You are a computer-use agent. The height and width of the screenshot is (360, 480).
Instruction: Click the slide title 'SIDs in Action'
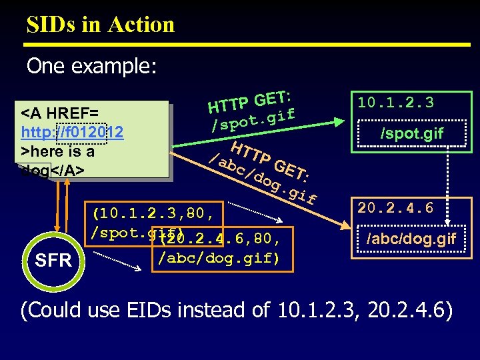tap(101, 25)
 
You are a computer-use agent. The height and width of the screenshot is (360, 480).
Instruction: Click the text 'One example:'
tap(91, 66)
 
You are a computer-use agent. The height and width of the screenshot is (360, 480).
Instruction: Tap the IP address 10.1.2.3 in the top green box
tap(395, 103)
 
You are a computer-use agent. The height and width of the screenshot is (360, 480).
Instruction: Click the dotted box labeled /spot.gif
tap(411, 133)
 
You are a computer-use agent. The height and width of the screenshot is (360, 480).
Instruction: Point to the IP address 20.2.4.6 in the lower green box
tap(395, 208)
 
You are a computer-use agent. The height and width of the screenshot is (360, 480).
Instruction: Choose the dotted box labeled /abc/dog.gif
tap(411, 239)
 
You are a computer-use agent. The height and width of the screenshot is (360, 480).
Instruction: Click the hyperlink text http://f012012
tap(72, 133)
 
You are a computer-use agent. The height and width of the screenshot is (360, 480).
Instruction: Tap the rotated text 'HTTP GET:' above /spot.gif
tap(251, 98)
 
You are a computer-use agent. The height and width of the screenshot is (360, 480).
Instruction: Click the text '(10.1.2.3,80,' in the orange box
tap(153, 214)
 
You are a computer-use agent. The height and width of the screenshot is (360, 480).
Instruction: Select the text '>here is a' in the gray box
tap(58, 151)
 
